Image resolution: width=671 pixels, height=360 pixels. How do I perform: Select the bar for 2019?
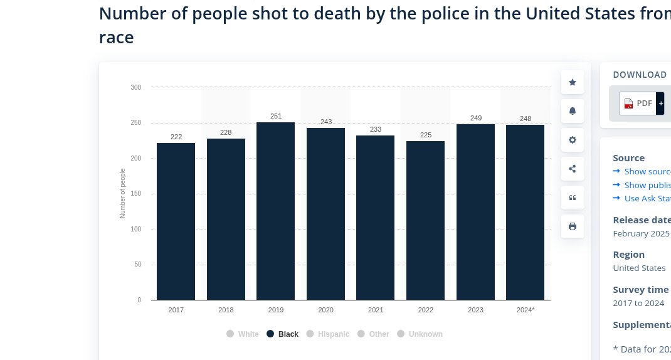coord(275,211)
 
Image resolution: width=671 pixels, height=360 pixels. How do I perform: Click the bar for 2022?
coord(425,220)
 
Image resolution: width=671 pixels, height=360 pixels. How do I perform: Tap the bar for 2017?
coord(176,221)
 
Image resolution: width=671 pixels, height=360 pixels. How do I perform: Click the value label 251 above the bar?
coord(276,116)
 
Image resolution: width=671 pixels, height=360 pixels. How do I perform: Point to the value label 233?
coord(376,129)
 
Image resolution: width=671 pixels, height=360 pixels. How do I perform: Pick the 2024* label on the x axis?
coord(526,310)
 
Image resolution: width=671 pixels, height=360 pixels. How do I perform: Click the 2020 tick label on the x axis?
coord(325,310)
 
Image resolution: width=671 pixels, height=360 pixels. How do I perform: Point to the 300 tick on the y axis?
coord(136,87)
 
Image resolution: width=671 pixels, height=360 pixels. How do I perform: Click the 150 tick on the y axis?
coord(136,194)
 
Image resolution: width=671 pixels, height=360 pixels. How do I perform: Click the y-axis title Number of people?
coord(123,193)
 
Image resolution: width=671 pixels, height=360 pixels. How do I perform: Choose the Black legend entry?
coord(283,334)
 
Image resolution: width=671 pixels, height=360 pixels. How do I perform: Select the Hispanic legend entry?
coord(328,334)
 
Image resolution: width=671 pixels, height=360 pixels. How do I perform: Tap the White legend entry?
coord(243,334)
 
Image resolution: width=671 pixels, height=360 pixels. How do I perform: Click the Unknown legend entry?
coord(420,334)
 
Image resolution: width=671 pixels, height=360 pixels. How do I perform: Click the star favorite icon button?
coord(572,82)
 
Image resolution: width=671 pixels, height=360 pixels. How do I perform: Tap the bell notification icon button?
coord(572,111)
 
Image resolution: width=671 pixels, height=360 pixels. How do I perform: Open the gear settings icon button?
coord(572,140)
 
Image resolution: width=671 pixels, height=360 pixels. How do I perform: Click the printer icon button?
coord(572,226)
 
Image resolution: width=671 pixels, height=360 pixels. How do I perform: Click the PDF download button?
coord(638,103)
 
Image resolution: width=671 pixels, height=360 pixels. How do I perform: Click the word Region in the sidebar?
coord(628,255)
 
